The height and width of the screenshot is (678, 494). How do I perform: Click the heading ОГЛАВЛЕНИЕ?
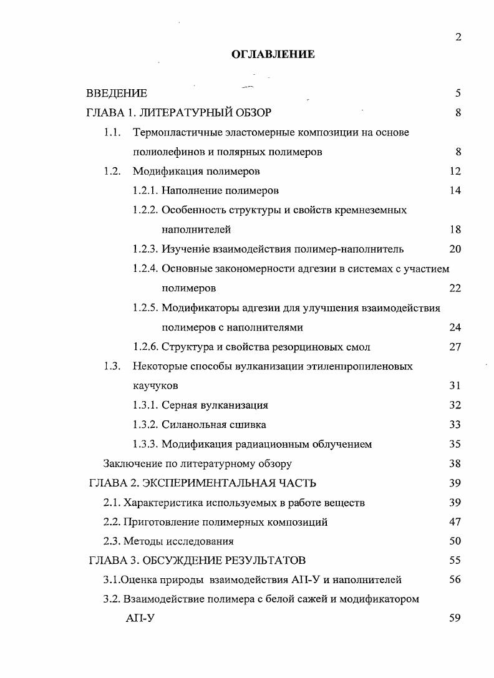click(273, 55)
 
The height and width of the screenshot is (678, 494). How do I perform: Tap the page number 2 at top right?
click(458, 37)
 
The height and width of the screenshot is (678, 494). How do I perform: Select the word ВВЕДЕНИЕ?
click(117, 94)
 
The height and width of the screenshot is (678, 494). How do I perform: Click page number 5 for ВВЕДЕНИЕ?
click(458, 94)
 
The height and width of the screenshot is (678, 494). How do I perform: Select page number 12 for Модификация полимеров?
click(455, 171)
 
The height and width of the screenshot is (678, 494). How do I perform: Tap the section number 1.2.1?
click(145, 191)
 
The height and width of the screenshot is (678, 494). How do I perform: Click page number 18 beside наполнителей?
click(455, 230)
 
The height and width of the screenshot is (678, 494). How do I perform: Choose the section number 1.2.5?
click(145, 308)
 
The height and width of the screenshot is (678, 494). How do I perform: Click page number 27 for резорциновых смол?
click(455, 347)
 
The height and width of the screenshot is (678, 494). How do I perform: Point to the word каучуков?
click(151, 385)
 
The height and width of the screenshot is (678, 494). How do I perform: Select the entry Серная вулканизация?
click(215, 405)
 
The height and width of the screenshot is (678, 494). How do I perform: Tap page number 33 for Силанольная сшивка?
click(455, 425)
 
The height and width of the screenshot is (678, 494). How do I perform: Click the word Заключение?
click(127, 463)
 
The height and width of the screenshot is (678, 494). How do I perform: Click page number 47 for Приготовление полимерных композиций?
click(455, 522)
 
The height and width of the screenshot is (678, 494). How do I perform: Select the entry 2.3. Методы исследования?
click(168, 541)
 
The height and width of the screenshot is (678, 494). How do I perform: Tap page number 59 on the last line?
click(455, 619)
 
